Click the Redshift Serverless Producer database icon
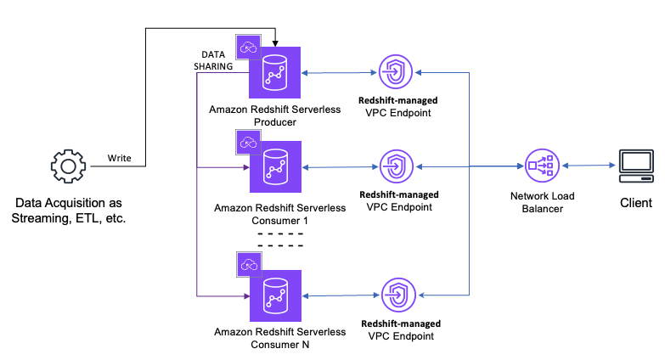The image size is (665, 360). click(x=274, y=74)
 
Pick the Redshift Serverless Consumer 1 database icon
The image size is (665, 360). click(x=274, y=167)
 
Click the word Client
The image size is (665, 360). click(x=636, y=203)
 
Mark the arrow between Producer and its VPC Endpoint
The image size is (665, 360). click(x=338, y=74)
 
